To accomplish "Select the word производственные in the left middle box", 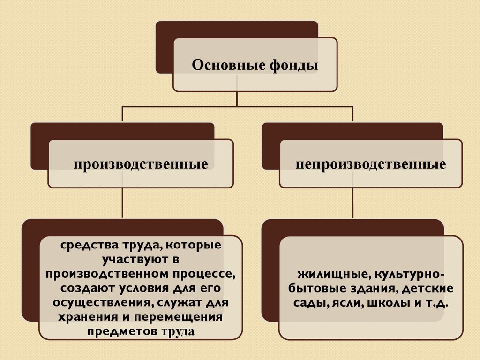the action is [x=140, y=165].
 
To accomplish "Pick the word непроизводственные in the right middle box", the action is [x=370, y=165].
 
